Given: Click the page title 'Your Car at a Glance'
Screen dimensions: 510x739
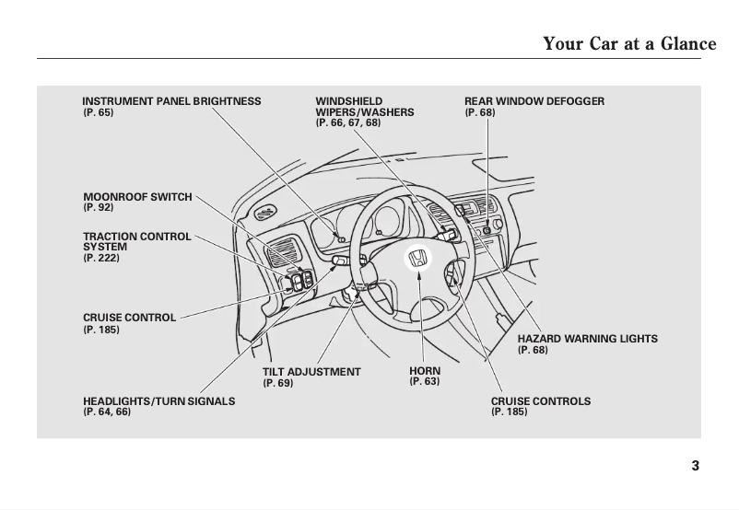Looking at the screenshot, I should (x=629, y=43).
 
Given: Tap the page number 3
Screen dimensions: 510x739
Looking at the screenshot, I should (x=695, y=466).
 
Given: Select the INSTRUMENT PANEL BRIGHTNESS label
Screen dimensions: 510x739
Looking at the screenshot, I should (x=171, y=101).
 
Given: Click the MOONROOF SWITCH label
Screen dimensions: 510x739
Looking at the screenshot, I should (x=137, y=197).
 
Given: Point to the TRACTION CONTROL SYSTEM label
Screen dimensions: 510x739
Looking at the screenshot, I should (x=136, y=242).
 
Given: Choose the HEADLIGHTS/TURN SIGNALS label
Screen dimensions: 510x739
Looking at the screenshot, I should (x=158, y=401).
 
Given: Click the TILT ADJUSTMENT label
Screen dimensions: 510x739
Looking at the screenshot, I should (x=311, y=372).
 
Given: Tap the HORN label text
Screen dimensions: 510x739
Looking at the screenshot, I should (x=425, y=371).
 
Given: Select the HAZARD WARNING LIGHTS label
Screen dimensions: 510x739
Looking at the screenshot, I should (x=587, y=339).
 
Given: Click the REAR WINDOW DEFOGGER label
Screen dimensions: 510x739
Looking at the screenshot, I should (x=534, y=101).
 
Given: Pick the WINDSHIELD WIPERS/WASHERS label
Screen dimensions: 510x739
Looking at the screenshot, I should (x=364, y=107).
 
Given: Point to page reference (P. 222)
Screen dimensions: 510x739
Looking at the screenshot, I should (x=101, y=259).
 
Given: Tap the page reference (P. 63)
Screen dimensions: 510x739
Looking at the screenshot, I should (x=425, y=382).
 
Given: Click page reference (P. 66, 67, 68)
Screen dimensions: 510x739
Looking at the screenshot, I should (x=347, y=122).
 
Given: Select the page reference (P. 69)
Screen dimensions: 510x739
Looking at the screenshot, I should (x=278, y=383).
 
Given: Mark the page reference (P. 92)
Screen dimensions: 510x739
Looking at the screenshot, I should (x=99, y=208).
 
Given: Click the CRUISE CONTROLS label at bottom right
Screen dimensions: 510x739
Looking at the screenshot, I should (x=540, y=401).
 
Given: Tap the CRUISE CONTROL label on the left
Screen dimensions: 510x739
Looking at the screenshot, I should (x=129, y=318).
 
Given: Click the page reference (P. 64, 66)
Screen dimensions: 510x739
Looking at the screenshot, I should (x=107, y=412).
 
